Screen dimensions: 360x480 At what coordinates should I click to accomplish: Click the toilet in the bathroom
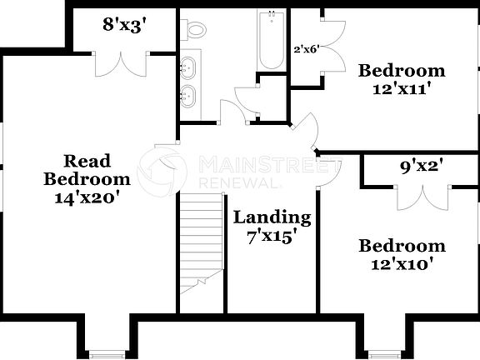pyautogui.click(x=196, y=30)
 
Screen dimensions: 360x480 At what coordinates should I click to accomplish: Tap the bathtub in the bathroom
pyautogui.click(x=272, y=41)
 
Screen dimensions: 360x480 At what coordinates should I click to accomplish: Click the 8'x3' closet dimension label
pyautogui.click(x=124, y=25)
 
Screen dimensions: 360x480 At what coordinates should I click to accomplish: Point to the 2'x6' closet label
pyautogui.click(x=307, y=49)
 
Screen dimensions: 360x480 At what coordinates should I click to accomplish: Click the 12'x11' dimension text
pyautogui.click(x=401, y=88)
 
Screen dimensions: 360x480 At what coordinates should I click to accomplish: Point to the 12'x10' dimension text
pyautogui.click(x=401, y=264)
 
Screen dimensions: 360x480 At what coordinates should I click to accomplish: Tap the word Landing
pyautogui.click(x=272, y=217)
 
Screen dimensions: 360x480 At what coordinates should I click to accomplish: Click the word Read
pyautogui.click(x=87, y=160)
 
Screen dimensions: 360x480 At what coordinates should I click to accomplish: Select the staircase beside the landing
pyautogui.click(x=202, y=242)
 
